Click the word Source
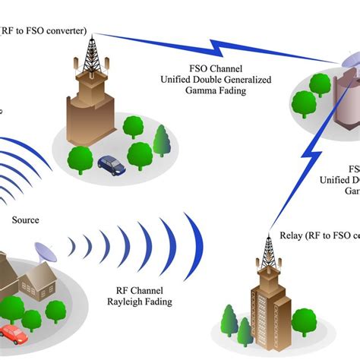[25, 220]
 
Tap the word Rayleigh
[122, 301]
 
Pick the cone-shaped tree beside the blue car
[161, 141]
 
